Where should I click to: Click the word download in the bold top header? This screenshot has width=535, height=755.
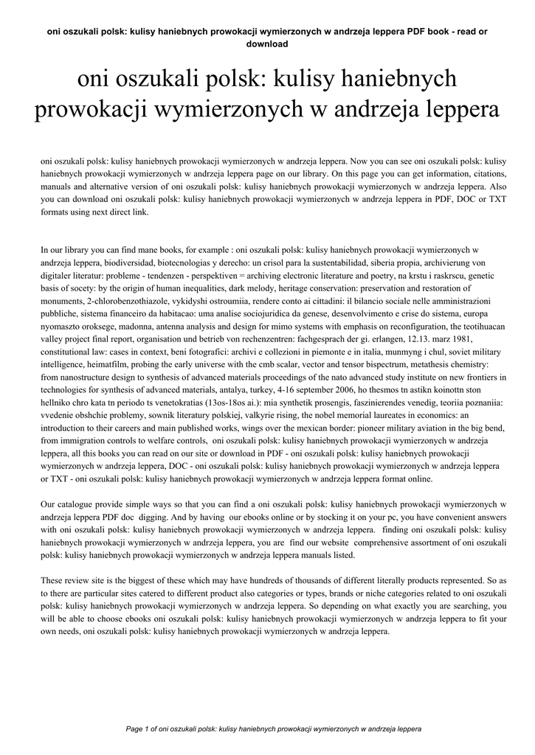(266, 44)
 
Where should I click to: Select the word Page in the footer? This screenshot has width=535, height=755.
(137, 728)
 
